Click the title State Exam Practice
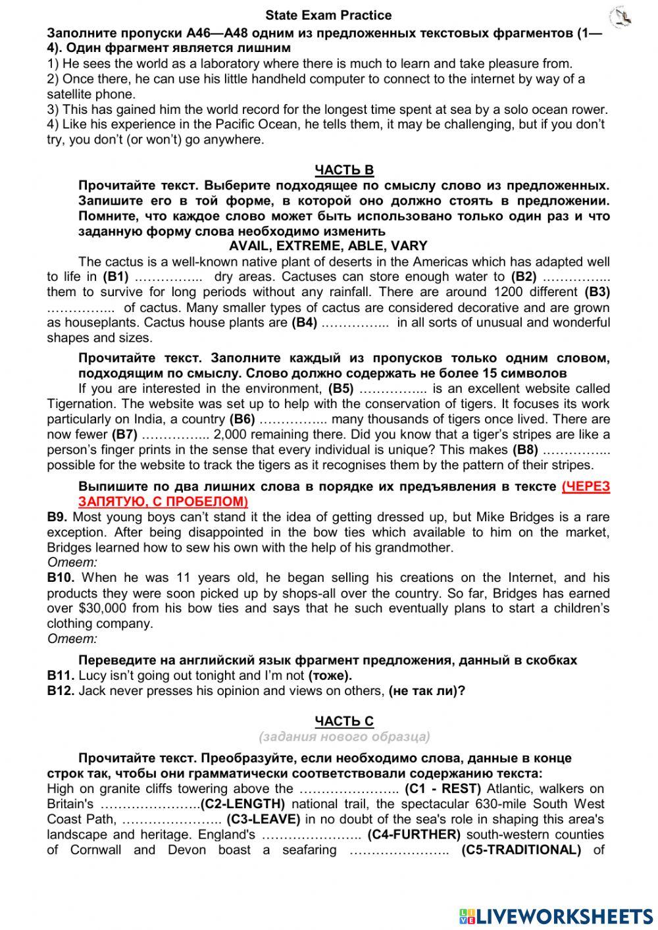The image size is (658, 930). [x=328, y=15]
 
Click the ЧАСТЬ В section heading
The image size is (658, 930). [x=344, y=170]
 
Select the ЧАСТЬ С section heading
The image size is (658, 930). [x=344, y=721]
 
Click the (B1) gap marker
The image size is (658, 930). [x=115, y=277]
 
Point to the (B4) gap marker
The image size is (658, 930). [x=304, y=323]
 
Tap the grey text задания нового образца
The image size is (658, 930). [x=344, y=736]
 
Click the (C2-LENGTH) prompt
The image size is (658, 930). [x=242, y=804]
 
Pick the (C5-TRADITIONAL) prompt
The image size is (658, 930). [x=520, y=850]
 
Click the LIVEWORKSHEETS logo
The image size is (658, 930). [x=556, y=916]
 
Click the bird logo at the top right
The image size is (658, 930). [x=620, y=16]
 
